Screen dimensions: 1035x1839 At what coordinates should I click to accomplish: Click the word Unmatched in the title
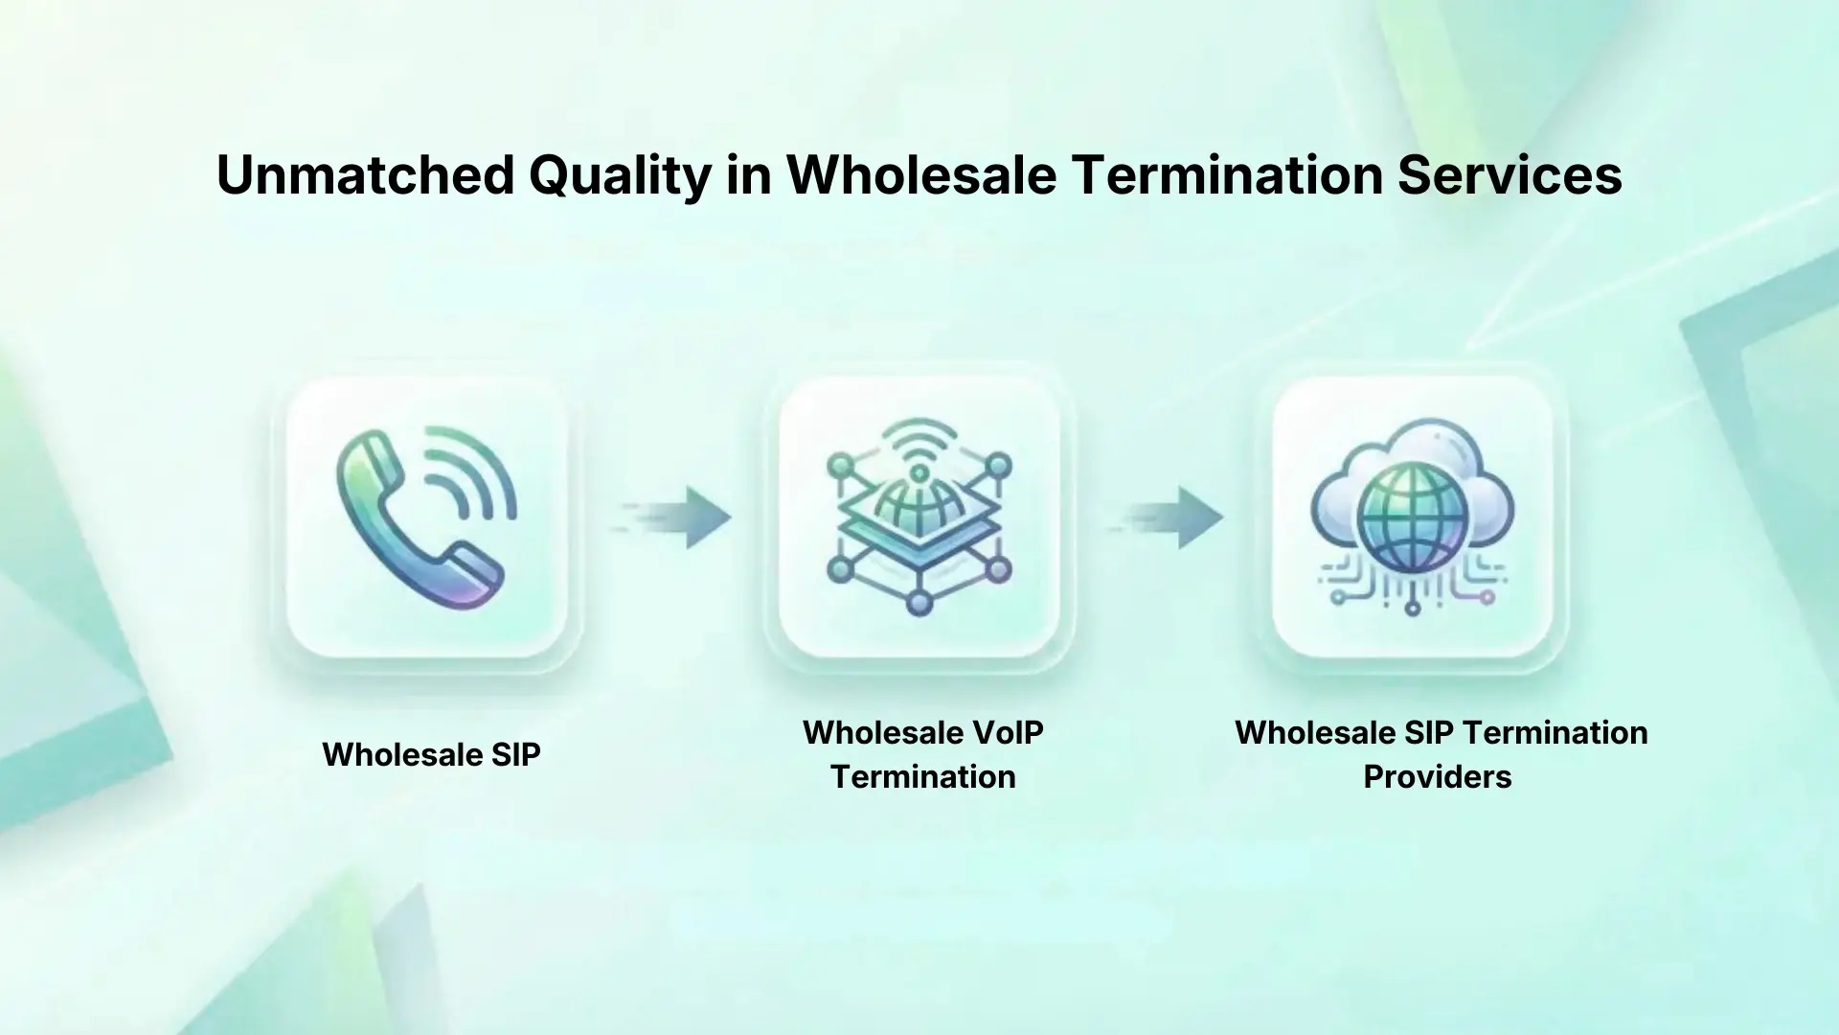coord(366,175)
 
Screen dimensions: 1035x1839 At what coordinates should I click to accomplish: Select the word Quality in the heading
coord(620,175)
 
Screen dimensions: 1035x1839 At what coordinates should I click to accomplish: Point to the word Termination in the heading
coord(1227,175)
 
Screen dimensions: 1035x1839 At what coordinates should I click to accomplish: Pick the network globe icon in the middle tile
coord(919,517)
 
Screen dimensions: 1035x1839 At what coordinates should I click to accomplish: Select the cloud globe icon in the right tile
coord(1412,517)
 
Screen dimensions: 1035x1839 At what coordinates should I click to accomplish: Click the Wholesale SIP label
coord(431,754)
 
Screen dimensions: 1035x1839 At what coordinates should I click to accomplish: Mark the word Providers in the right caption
coord(1437,776)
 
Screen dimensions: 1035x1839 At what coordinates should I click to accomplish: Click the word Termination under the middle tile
coord(922,776)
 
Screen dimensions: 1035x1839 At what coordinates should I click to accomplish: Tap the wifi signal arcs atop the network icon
coord(919,443)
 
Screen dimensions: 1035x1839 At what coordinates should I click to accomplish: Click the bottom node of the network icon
coord(919,603)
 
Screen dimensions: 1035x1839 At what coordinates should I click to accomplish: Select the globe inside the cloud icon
coord(1412,525)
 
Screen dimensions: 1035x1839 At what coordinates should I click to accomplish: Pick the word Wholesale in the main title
coord(921,175)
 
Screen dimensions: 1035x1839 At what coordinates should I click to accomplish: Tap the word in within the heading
coord(749,175)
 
